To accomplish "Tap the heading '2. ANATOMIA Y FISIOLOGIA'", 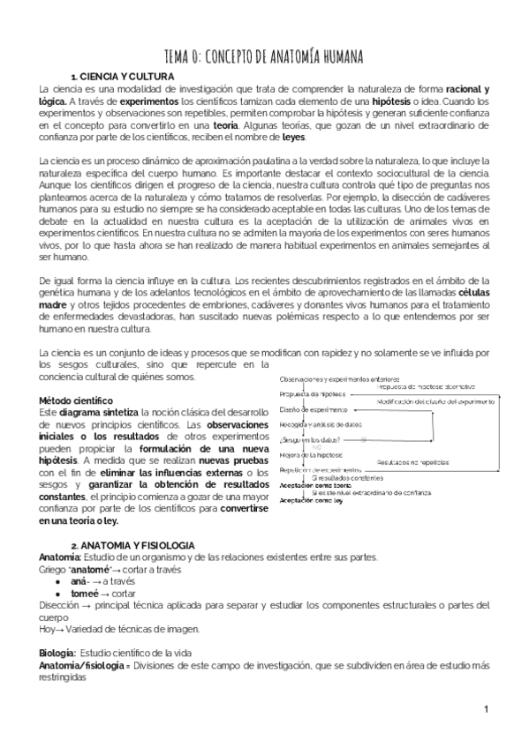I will [x=132, y=547].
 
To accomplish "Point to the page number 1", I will [x=486, y=709].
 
